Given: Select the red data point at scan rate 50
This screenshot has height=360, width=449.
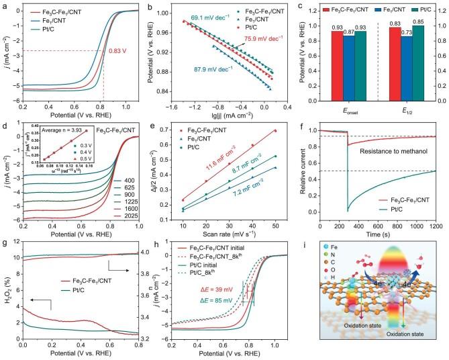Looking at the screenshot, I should coord(275,131).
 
